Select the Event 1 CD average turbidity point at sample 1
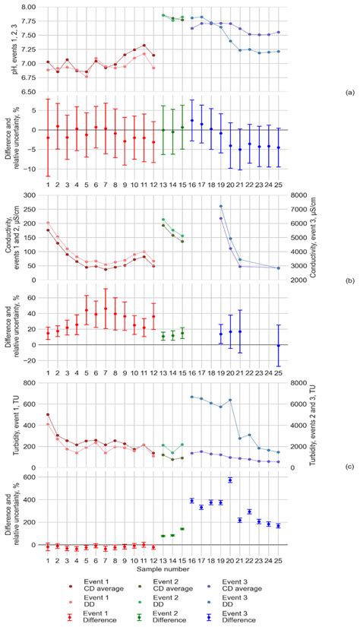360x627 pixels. tap(48, 415)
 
